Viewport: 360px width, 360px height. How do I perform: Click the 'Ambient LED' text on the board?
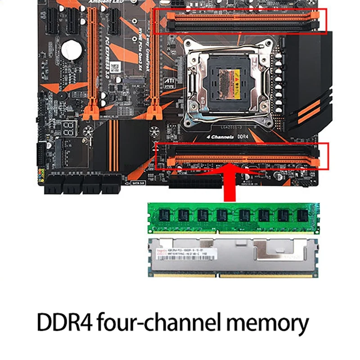click(x=105, y=2)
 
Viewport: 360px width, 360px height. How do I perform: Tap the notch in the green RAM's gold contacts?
click(x=218, y=231)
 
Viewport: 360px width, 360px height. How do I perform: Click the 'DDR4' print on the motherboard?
click(x=243, y=137)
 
